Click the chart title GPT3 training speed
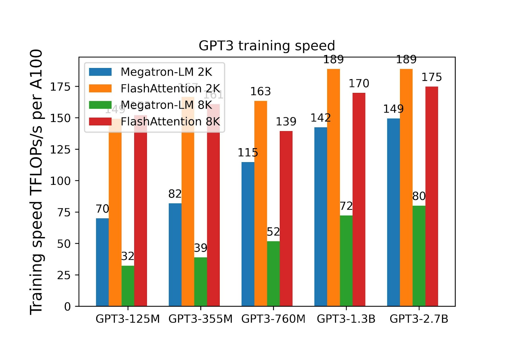click(266, 46)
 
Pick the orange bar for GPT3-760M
click(260, 203)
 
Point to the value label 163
click(260, 91)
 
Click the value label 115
click(248, 152)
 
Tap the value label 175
click(432, 77)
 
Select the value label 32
click(127, 256)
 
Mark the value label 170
click(359, 83)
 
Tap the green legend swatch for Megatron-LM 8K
click(100, 105)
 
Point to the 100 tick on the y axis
click(60, 181)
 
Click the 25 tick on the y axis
click(64, 275)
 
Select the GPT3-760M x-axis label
click(273, 319)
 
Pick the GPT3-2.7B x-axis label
click(419, 319)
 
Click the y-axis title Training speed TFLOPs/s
click(36, 182)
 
